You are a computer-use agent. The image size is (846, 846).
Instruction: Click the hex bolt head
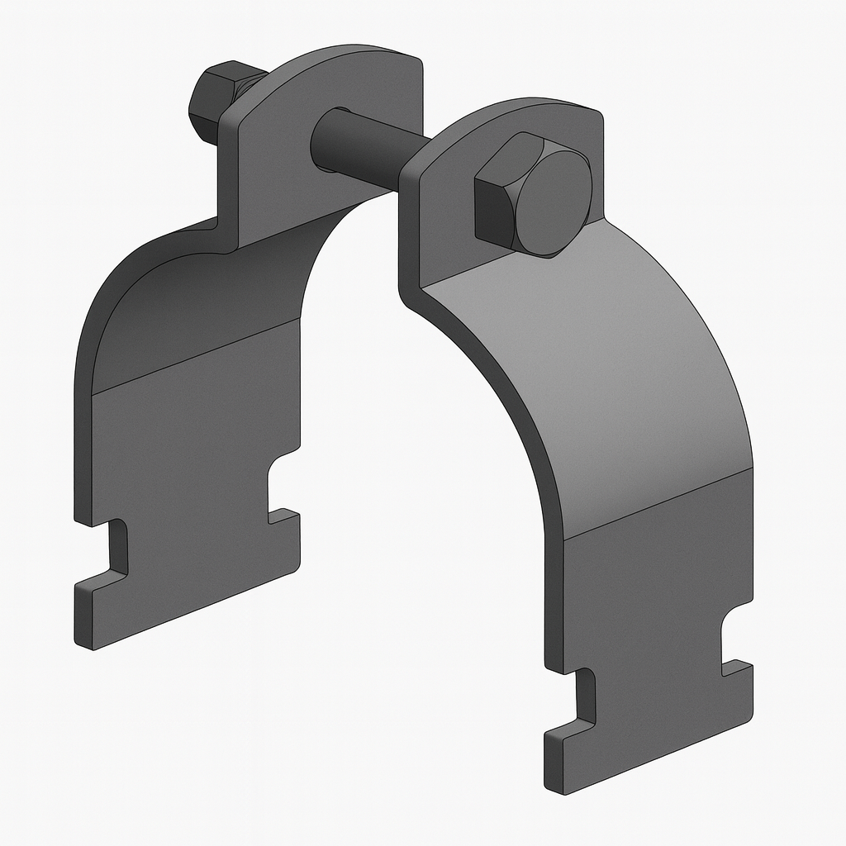[x=533, y=197]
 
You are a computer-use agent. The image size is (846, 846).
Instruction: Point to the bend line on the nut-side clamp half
[x=194, y=355]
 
